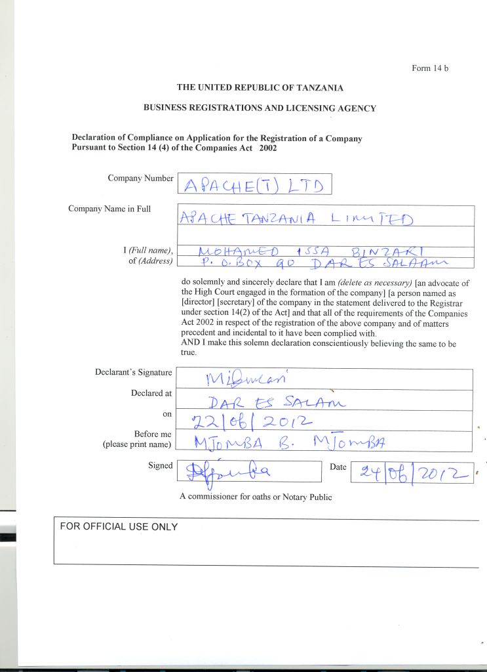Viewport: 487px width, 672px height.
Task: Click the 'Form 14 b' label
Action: click(x=429, y=68)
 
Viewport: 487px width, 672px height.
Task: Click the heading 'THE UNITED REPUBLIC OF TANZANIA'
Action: click(x=260, y=87)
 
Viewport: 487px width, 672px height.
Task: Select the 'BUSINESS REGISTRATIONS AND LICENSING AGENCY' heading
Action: click(x=260, y=108)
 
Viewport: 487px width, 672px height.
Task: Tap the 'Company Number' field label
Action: click(x=140, y=178)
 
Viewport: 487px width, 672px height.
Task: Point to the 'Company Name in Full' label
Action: click(x=109, y=209)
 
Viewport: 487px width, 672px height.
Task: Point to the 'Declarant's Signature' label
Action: click(x=134, y=373)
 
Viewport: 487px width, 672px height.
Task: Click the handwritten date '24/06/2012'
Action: click(x=412, y=472)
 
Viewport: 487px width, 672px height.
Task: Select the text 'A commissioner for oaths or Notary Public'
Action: click(x=256, y=497)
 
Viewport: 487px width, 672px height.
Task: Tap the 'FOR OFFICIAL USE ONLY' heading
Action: click(x=119, y=527)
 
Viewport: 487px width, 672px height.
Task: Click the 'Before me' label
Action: click(x=152, y=434)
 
